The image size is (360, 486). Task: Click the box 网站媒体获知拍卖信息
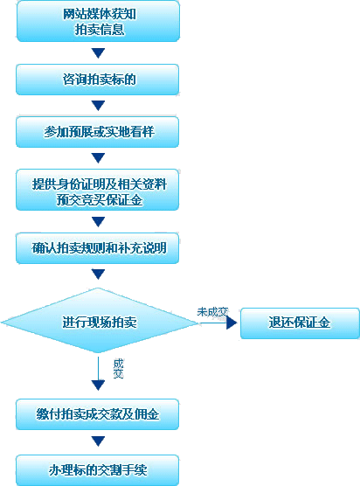pos(98,21)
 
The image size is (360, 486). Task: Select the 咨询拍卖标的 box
pos(98,80)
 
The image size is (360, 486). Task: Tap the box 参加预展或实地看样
pos(98,132)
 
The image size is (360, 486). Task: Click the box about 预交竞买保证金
pos(98,190)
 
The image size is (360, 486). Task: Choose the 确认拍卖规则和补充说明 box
pos(98,248)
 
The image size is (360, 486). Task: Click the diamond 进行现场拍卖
pos(99,321)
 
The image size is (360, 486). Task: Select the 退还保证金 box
pos(300,323)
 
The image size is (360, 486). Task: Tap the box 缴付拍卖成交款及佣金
pos(98,414)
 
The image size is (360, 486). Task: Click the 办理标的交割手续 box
pos(98,470)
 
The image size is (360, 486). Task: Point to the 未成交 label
pos(212,312)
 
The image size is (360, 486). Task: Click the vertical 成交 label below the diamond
pos(118,369)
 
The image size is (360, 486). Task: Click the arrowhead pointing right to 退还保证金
pos(232,323)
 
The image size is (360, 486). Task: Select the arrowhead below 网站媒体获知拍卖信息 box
pos(98,53)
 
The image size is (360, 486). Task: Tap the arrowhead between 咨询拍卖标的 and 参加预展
pos(98,106)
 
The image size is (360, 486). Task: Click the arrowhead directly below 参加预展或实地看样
pos(98,158)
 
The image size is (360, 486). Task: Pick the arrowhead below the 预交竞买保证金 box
pos(98,222)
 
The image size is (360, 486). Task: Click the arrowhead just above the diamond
pos(98,274)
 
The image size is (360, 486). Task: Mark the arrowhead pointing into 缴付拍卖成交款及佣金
pos(98,385)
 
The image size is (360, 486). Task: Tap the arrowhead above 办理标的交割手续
pos(98,441)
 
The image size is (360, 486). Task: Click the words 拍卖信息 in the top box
pos(100,30)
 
